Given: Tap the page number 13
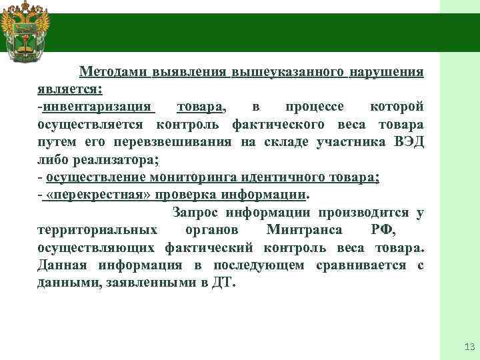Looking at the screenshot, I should (467, 347).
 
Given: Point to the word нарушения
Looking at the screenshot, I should (387, 71).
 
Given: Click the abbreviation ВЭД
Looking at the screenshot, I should (407, 141).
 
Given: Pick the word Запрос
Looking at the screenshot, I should (196, 213).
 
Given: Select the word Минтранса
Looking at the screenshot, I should (304, 230).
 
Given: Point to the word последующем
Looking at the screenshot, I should (259, 265).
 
